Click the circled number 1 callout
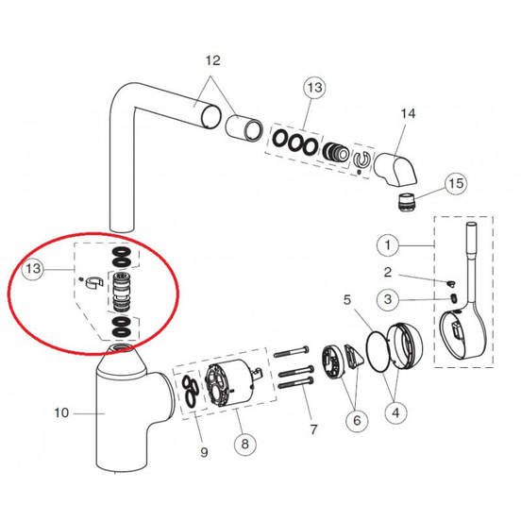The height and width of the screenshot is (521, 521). (387, 245)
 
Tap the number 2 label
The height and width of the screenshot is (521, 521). (387, 273)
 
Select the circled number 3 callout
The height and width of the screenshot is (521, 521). (388, 299)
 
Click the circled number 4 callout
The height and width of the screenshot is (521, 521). (395, 413)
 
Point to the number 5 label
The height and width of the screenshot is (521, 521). (347, 300)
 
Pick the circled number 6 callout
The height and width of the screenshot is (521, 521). (357, 420)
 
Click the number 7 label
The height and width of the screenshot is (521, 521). (313, 429)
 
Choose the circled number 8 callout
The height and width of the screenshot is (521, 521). (244, 444)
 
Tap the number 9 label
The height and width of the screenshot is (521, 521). (204, 452)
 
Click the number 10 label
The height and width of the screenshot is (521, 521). (61, 413)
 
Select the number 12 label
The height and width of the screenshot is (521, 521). (212, 60)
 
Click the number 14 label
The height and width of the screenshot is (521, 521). (408, 113)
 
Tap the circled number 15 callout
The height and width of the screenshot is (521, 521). (456, 183)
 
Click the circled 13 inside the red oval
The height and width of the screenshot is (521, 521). (32, 268)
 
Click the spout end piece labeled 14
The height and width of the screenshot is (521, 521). (395, 169)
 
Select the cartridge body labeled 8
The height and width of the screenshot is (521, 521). (231, 383)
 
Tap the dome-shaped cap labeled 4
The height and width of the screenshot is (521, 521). (405, 346)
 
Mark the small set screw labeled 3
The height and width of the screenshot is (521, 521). (452, 298)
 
